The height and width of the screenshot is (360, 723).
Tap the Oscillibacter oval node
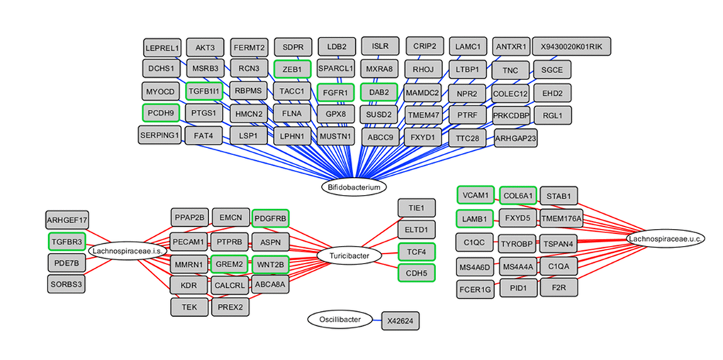tap(339, 320)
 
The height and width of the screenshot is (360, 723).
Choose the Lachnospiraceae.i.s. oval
tap(123, 251)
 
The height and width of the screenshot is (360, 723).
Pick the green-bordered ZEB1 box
tap(292, 69)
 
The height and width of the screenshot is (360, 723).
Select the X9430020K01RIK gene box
tap(571, 47)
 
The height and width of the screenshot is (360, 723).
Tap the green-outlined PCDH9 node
tap(161, 112)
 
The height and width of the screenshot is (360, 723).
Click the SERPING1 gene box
tap(160, 135)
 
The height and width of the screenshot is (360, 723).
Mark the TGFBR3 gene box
tap(67, 241)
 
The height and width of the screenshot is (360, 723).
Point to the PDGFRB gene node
tap(271, 218)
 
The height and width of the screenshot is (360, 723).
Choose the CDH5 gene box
tap(417, 273)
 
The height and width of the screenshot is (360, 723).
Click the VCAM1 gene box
tap(475, 195)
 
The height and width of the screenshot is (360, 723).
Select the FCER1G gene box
tap(475, 289)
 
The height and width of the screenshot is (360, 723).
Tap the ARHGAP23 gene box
tap(515, 138)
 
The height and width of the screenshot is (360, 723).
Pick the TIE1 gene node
tap(417, 208)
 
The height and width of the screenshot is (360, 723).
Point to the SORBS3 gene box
tap(67, 284)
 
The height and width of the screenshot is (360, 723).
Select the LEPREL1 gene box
tap(162, 47)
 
